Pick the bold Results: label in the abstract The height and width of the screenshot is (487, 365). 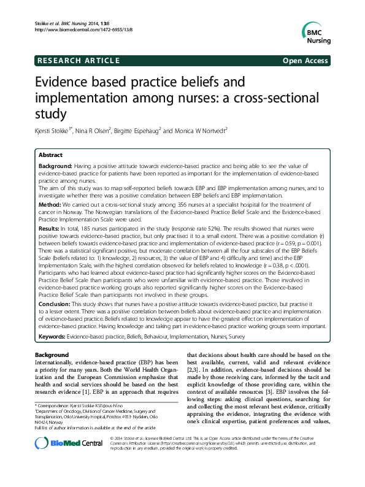[x=50, y=227]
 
